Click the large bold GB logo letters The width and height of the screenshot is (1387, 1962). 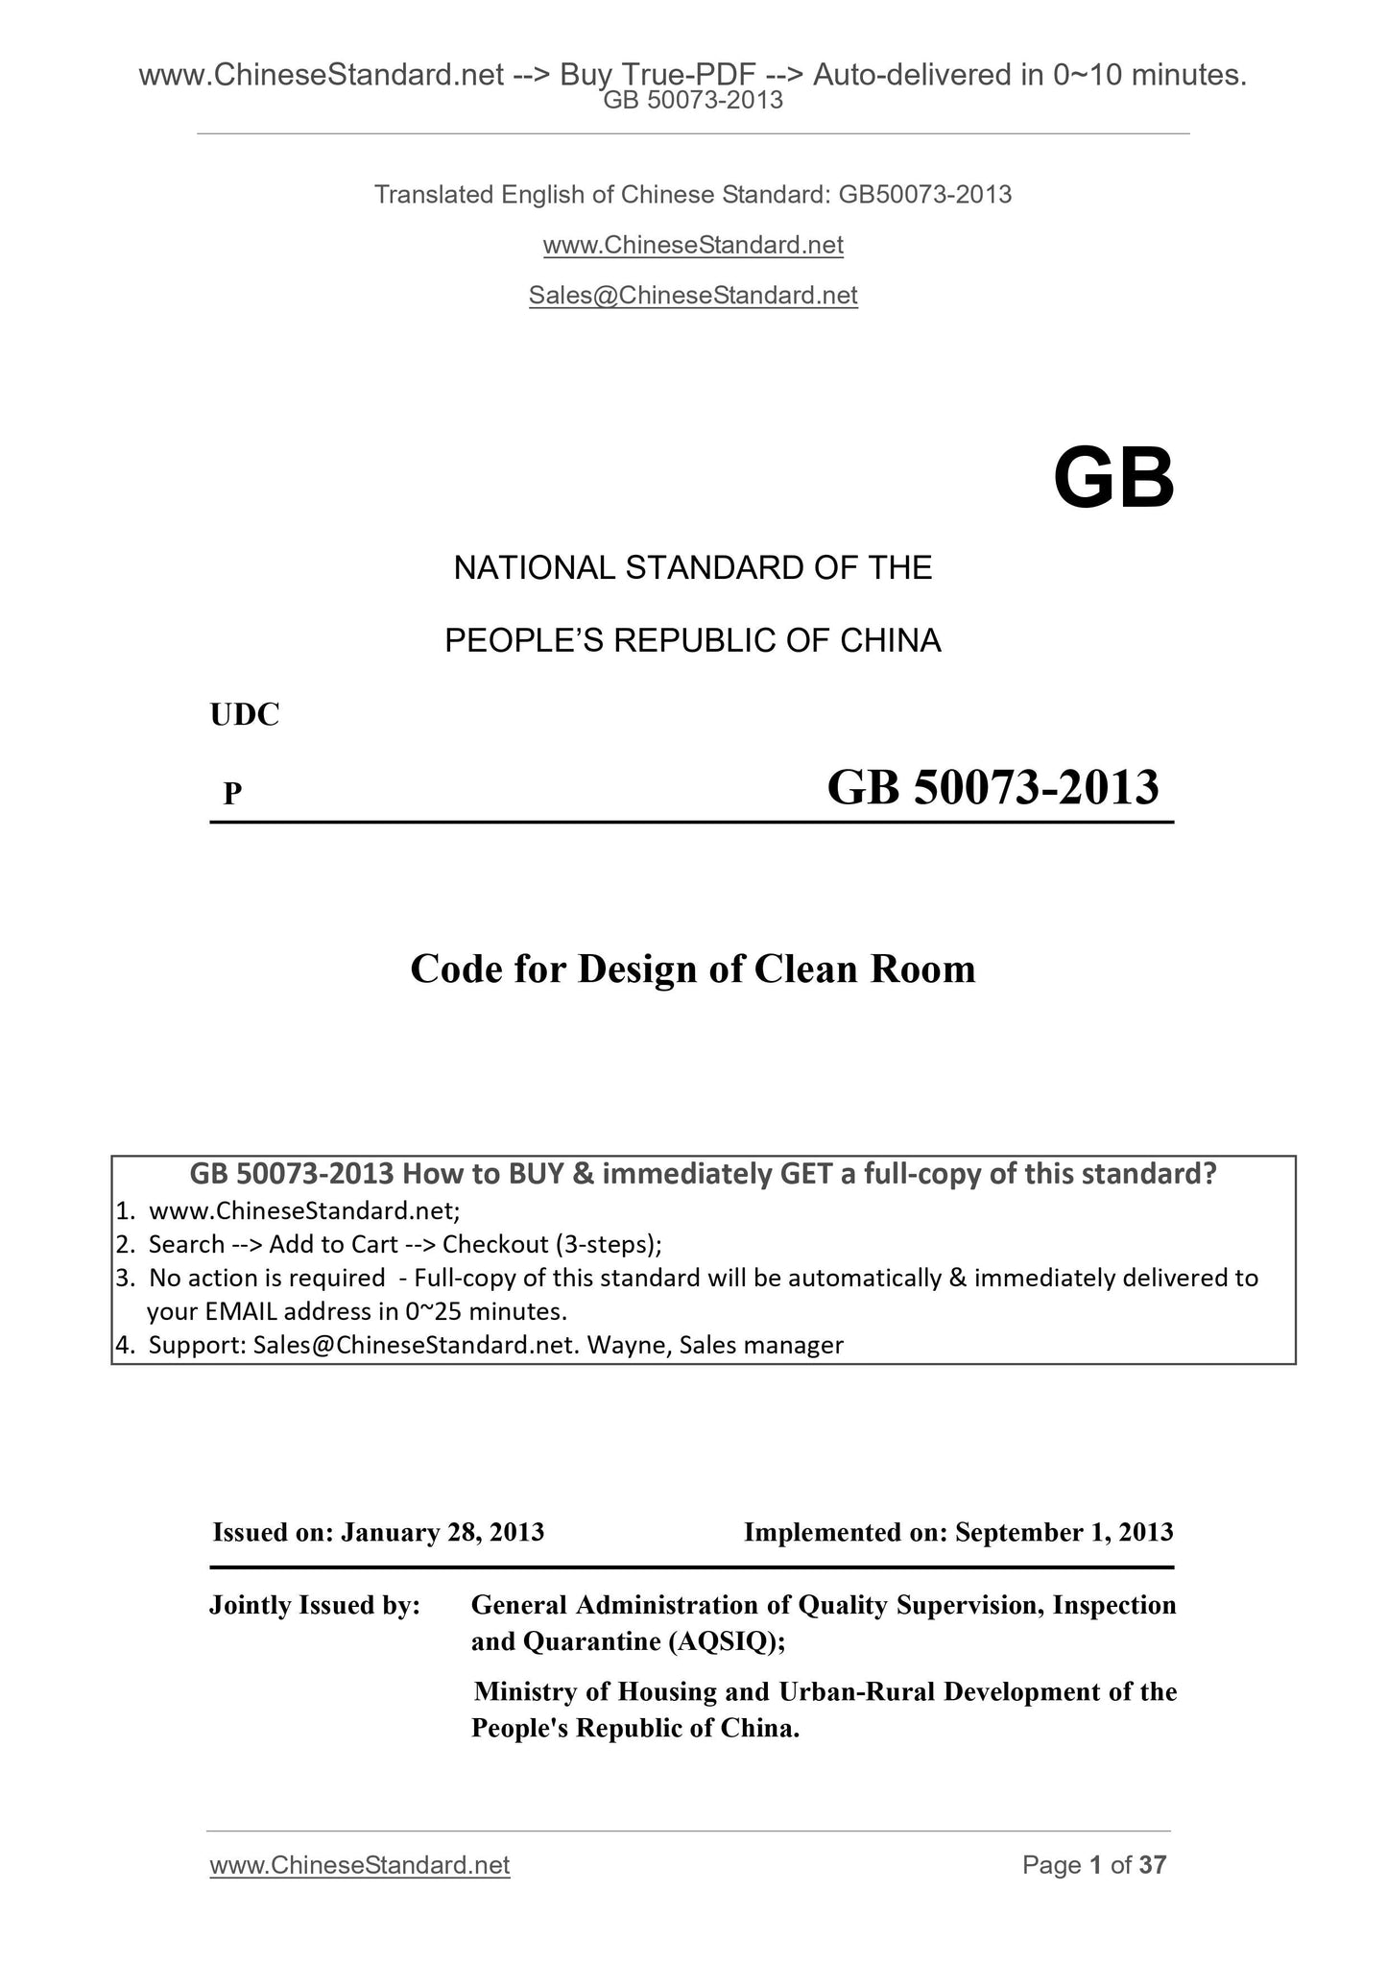(x=1113, y=479)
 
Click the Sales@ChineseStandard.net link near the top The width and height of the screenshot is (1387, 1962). (x=692, y=296)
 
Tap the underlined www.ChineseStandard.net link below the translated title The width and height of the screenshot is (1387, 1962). (x=692, y=246)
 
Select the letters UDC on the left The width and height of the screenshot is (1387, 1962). (x=245, y=715)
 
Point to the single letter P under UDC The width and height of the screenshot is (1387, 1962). (x=232, y=794)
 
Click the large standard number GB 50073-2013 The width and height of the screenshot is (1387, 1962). (x=992, y=788)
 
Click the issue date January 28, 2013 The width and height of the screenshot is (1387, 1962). (x=442, y=1532)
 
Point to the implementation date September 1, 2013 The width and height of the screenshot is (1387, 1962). (x=1064, y=1532)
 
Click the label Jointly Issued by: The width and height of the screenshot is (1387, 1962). (x=315, y=1605)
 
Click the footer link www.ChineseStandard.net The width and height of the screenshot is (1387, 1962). (x=359, y=1865)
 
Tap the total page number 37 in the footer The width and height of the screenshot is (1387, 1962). (x=1152, y=1865)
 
